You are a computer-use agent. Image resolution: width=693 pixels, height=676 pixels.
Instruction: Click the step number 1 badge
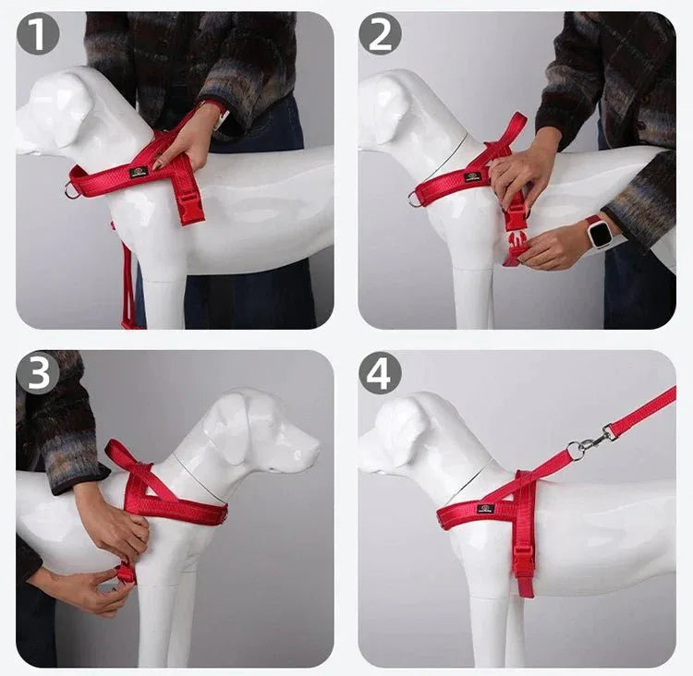(x=38, y=35)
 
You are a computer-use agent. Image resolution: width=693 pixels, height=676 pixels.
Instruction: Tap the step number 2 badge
(x=380, y=35)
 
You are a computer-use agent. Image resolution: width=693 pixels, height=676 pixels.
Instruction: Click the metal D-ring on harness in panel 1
(x=72, y=190)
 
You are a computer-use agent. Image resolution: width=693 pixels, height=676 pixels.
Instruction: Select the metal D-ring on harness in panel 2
(x=416, y=197)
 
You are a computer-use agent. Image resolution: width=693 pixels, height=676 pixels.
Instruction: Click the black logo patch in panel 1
(x=139, y=172)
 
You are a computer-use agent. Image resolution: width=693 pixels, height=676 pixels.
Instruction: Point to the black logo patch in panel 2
(x=473, y=175)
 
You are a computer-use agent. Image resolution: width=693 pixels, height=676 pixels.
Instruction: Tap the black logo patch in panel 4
(x=485, y=507)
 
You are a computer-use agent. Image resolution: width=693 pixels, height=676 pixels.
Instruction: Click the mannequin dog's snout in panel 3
(x=300, y=453)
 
